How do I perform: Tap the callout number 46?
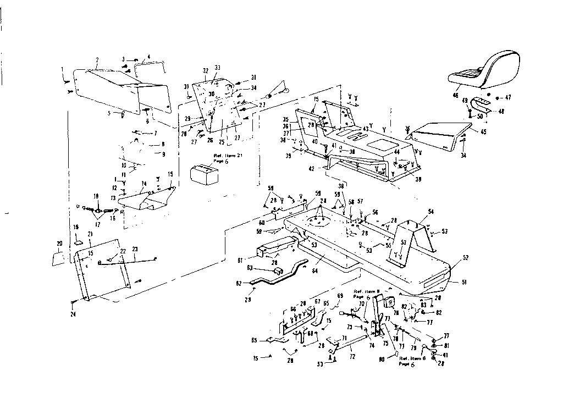[456, 95]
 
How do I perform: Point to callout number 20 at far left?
[59, 244]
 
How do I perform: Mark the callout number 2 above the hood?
[97, 60]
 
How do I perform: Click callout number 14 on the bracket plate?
[144, 184]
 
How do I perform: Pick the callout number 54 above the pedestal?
[430, 211]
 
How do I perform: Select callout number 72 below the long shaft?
[352, 357]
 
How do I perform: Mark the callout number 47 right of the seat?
[508, 97]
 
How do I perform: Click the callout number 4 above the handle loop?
[148, 57]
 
